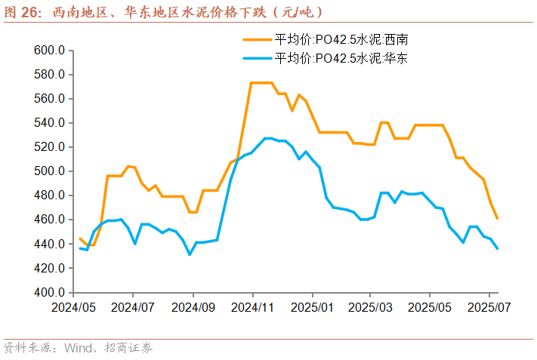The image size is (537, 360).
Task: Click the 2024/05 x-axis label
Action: [73, 308]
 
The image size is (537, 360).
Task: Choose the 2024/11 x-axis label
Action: [252, 308]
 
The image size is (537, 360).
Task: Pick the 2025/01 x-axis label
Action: [311, 308]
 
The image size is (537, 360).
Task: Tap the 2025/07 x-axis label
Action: [489, 308]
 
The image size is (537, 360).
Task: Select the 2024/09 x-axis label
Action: [193, 308]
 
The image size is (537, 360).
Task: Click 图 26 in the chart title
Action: [23, 12]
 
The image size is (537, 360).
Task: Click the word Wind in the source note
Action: [78, 348]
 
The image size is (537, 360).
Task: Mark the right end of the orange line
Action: [497, 218]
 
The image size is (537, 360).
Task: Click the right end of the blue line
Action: [497, 248]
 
